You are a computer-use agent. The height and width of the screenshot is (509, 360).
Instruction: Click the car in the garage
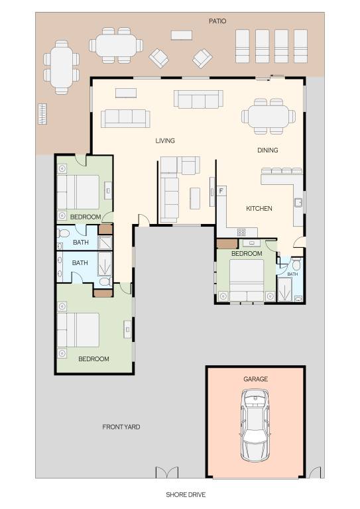click(x=255, y=425)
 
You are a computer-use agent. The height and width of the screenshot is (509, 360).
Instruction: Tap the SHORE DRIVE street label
click(x=186, y=494)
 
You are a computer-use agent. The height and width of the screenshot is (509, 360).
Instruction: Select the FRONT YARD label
click(x=121, y=427)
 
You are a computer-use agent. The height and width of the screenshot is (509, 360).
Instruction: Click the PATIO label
click(x=217, y=21)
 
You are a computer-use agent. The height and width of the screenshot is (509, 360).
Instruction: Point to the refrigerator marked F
click(x=221, y=191)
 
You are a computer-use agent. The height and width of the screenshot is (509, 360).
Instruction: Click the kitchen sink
click(x=298, y=202)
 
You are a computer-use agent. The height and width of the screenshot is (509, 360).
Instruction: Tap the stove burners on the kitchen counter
click(x=241, y=232)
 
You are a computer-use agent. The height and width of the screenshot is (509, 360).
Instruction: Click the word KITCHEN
click(x=259, y=208)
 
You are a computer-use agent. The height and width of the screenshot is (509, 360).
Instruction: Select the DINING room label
click(x=267, y=150)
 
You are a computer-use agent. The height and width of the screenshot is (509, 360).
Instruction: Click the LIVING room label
click(x=165, y=141)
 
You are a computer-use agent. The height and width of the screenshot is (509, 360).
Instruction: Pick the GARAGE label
click(x=255, y=379)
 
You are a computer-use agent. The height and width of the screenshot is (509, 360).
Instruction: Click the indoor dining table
click(x=269, y=116)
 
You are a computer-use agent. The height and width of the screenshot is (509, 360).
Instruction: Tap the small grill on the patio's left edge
click(x=42, y=114)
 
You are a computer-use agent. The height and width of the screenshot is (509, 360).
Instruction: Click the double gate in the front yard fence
click(x=167, y=473)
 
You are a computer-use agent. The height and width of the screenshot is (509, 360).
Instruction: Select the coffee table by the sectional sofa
click(x=195, y=198)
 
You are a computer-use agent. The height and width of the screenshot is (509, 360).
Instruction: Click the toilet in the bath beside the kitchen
click(x=296, y=264)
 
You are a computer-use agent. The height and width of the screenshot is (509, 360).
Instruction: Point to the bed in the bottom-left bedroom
click(x=78, y=330)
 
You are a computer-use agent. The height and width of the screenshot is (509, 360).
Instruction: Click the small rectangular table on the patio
click(x=182, y=35)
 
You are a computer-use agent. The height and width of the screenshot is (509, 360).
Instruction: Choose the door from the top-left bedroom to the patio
click(x=81, y=159)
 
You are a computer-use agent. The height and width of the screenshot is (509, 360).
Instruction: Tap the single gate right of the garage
click(x=315, y=473)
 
